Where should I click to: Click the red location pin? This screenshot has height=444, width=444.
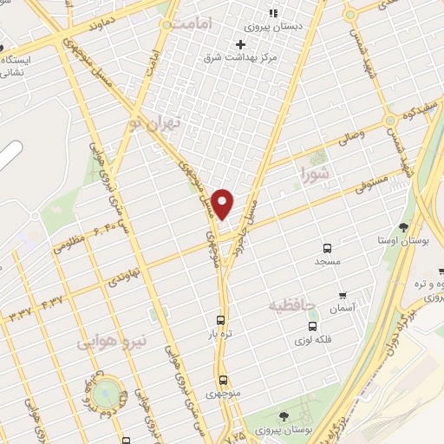[224, 204]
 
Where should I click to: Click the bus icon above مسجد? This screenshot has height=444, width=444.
[328, 245]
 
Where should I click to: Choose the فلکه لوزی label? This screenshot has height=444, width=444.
[312, 340]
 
